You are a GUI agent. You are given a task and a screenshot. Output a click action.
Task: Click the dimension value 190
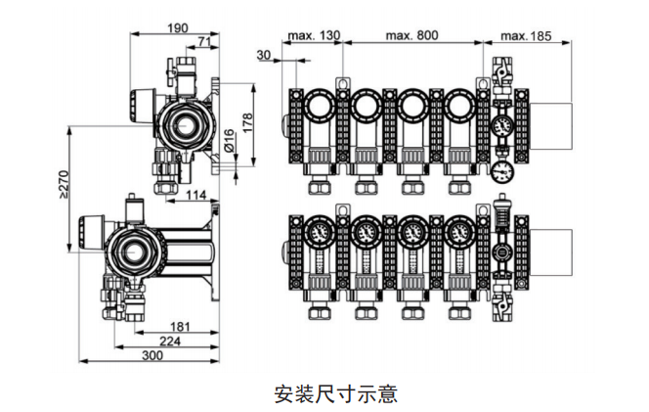click(177, 27)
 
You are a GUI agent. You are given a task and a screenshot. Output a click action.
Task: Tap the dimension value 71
click(206, 40)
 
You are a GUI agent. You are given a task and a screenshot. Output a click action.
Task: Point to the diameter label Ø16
click(229, 142)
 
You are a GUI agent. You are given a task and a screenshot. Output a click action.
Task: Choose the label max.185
click(526, 35)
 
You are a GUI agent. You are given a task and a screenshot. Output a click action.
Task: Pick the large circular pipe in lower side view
click(134, 251)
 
